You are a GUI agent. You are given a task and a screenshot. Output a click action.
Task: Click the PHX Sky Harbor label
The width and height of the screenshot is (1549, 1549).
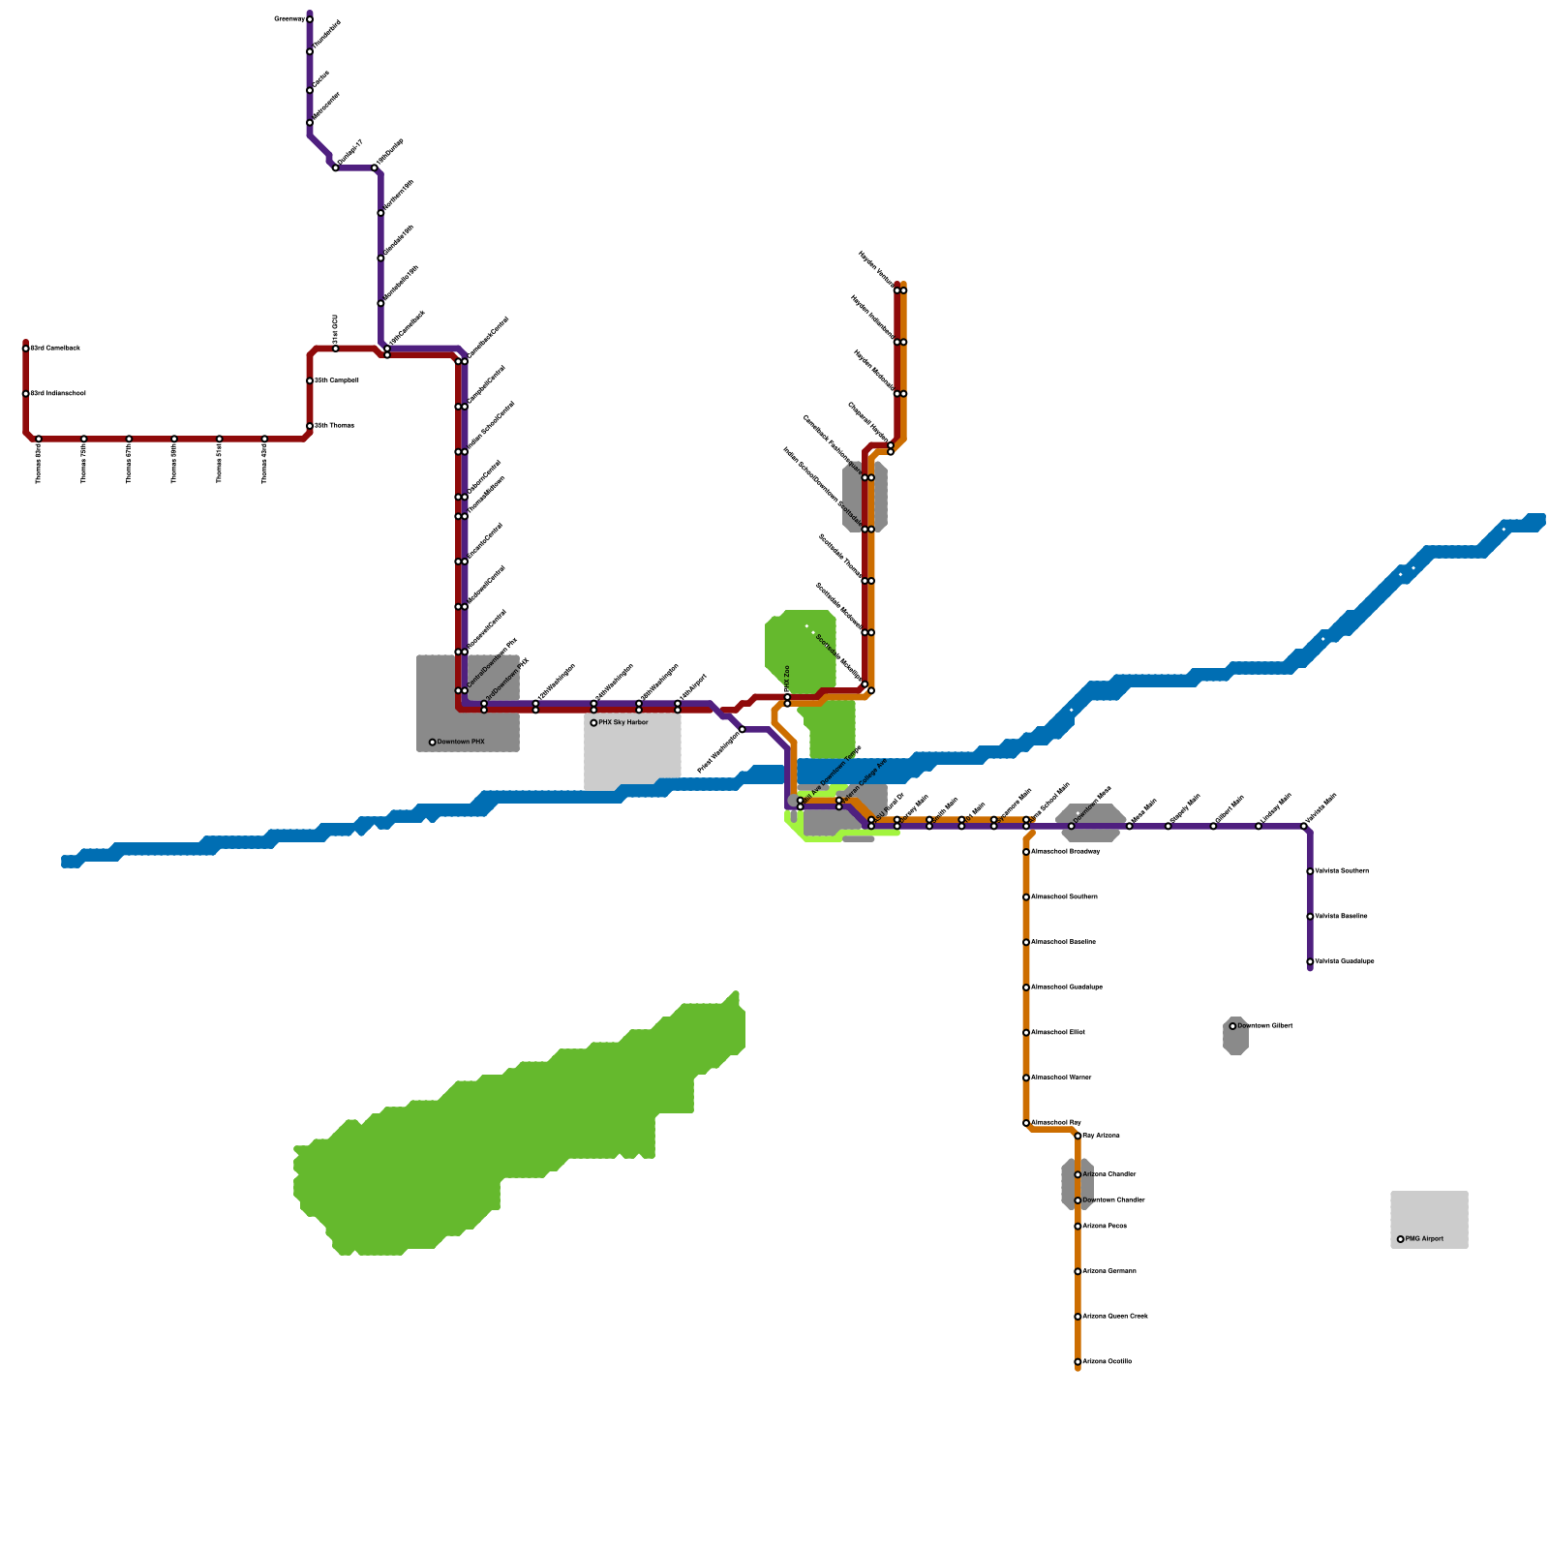pos(623,722)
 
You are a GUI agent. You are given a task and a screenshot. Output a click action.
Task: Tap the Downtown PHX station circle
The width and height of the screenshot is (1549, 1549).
pos(433,743)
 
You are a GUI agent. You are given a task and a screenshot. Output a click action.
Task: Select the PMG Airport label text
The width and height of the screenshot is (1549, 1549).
pos(1424,1239)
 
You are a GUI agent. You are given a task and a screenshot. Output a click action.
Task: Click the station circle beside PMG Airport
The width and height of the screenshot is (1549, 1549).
pos(1400,1239)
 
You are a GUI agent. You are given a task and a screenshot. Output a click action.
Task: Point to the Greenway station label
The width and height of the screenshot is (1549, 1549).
pos(289,18)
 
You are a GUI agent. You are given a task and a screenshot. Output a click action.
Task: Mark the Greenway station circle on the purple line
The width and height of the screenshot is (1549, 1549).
pos(310,18)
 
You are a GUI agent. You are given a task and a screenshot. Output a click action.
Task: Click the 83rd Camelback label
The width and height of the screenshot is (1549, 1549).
pos(55,348)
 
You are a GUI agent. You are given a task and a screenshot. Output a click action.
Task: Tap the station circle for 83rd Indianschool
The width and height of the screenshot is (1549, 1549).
pos(26,394)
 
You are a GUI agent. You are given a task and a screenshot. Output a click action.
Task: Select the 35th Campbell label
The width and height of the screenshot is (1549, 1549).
pos(337,380)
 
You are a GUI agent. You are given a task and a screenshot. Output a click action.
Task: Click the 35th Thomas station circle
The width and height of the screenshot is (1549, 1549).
pos(310,426)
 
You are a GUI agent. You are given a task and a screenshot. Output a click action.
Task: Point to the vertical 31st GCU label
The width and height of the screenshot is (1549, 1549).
pos(336,328)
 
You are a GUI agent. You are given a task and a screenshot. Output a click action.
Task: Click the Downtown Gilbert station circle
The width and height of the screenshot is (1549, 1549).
pos(1232,1026)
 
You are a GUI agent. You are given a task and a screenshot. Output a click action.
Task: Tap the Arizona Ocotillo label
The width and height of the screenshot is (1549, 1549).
pos(1107,1362)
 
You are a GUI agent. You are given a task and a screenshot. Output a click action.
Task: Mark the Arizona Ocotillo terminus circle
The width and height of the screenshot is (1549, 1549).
pos(1078,1362)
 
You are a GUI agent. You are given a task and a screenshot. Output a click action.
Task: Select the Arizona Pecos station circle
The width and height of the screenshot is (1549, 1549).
pos(1078,1227)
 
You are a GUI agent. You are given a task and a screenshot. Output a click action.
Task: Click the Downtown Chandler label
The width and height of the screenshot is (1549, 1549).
pos(1113,1200)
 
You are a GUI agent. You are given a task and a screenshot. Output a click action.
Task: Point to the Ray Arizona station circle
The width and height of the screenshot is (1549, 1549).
pos(1078,1136)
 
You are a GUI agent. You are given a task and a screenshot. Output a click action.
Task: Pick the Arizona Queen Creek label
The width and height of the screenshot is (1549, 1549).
pos(1115,1317)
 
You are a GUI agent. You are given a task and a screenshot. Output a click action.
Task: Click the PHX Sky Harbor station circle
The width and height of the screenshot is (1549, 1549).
pos(593,723)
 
